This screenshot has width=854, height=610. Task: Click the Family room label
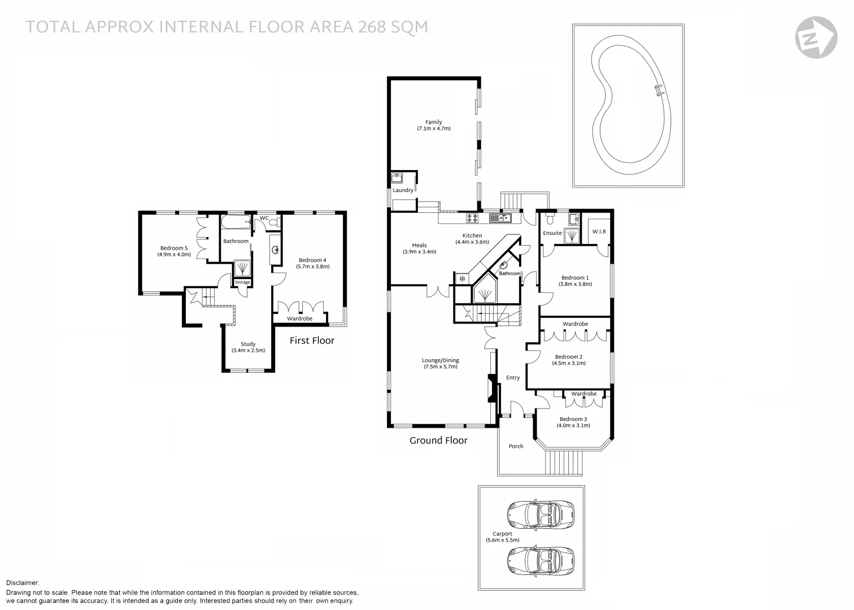tap(434, 122)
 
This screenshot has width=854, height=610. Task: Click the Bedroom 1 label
tap(575, 278)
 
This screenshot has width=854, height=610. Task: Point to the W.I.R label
tap(599, 232)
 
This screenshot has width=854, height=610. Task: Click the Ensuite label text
tap(552, 233)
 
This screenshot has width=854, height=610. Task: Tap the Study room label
tap(248, 344)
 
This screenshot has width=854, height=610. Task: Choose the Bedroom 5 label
tap(174, 249)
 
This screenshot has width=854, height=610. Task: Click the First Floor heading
tap(312, 341)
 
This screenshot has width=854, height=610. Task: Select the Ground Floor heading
tap(438, 441)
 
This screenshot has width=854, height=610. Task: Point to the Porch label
tap(516, 446)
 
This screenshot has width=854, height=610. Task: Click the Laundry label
tap(403, 190)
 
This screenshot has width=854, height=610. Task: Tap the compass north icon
tap(816, 37)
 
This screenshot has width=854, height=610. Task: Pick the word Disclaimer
tap(23, 582)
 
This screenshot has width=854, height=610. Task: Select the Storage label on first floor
tap(242, 282)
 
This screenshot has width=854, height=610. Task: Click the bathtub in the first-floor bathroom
tap(236, 221)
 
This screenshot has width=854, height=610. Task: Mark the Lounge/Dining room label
tap(441, 360)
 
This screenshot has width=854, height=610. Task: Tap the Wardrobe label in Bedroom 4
tap(299, 319)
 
